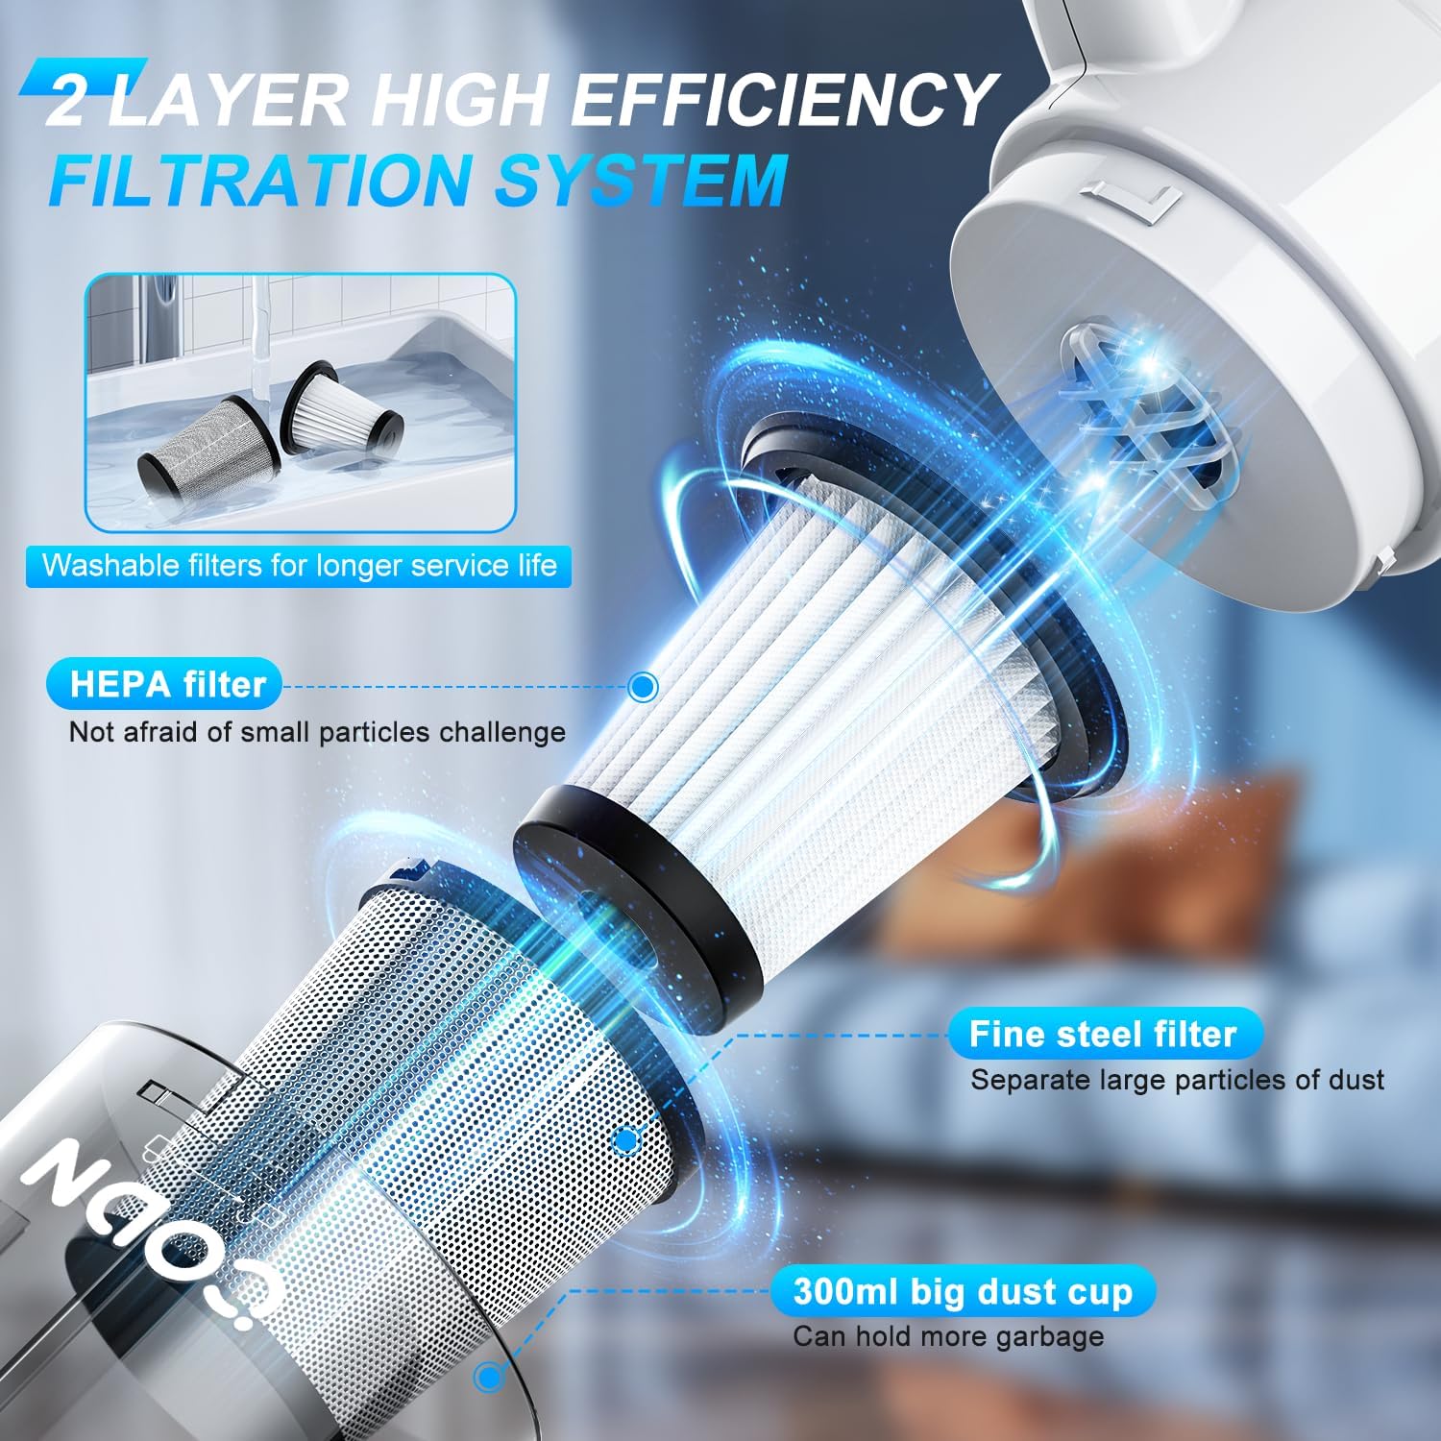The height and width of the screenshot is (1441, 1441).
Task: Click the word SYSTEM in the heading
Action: (x=641, y=178)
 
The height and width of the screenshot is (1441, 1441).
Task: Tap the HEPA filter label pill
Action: (x=164, y=684)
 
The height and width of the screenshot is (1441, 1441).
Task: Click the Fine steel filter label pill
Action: (x=1103, y=1033)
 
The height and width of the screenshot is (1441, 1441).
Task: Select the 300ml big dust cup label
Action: (x=963, y=1291)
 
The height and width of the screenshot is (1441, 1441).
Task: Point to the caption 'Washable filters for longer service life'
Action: (x=299, y=565)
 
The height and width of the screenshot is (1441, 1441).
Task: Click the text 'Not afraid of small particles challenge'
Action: (x=317, y=732)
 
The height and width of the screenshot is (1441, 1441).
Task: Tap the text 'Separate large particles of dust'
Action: (x=1177, y=1080)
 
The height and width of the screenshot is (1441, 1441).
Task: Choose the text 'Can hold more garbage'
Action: (x=948, y=1336)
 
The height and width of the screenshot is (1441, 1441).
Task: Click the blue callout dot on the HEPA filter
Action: (x=642, y=686)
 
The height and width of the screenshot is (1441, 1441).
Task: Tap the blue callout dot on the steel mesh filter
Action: (x=626, y=1141)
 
